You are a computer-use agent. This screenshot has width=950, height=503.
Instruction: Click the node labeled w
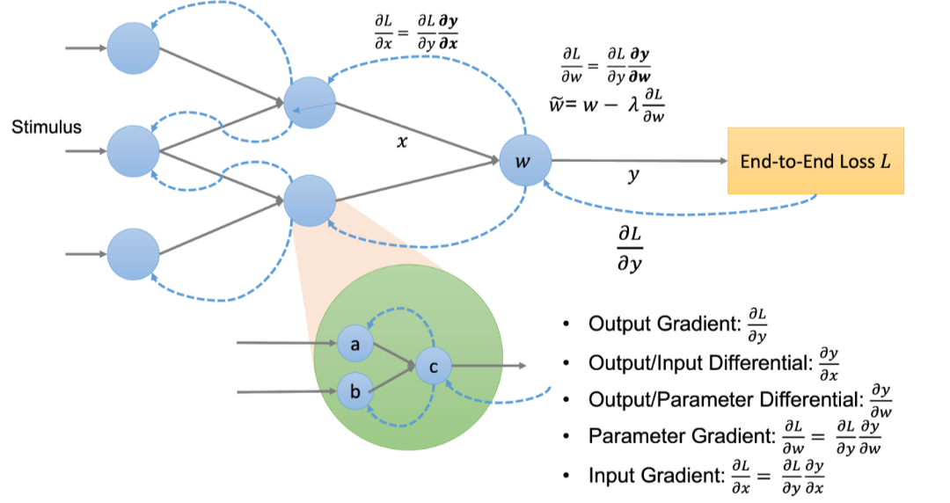point(525,161)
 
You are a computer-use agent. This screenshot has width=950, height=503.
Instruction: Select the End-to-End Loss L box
point(815,160)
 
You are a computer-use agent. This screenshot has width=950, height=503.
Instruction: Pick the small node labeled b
point(355,391)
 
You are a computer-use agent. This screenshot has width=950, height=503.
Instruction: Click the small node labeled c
point(433,365)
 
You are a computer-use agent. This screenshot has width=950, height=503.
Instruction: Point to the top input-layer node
point(134,48)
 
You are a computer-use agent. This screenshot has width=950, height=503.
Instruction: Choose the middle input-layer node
point(134,151)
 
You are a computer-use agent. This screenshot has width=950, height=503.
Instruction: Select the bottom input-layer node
point(134,254)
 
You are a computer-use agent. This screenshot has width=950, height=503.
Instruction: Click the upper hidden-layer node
point(310,103)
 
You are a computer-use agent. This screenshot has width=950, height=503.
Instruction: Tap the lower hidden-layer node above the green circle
point(310,200)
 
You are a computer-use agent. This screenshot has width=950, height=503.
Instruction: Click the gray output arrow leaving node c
point(488,365)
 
